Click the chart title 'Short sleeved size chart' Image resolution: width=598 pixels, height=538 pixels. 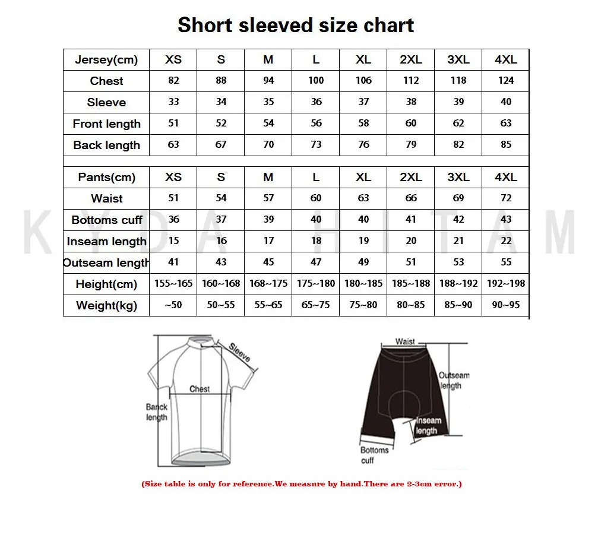(x=296, y=26)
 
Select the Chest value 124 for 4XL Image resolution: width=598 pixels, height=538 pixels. (x=506, y=81)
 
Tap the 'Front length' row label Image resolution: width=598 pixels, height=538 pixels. (x=107, y=124)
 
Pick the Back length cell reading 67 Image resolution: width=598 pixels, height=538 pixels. (x=221, y=145)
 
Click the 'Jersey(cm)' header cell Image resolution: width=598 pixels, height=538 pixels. (x=106, y=60)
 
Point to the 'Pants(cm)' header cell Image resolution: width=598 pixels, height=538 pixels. (x=107, y=178)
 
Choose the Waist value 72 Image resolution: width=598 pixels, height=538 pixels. (x=506, y=198)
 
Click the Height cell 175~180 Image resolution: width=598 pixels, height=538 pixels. (x=316, y=284)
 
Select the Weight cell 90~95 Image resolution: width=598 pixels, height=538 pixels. (x=506, y=305)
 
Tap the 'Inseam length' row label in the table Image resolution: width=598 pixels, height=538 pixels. (x=107, y=242)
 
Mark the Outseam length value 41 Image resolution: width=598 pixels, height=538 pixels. (x=173, y=262)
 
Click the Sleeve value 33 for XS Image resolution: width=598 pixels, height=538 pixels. (x=173, y=102)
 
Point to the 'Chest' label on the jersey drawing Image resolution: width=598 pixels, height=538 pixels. (x=200, y=389)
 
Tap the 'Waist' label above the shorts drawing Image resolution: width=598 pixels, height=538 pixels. (x=406, y=342)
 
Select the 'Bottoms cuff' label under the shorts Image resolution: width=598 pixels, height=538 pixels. (x=375, y=455)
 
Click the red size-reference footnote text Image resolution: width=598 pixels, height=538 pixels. (x=301, y=484)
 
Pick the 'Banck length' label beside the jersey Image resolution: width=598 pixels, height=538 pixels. (x=157, y=412)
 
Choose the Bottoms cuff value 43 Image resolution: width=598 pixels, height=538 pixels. (x=506, y=220)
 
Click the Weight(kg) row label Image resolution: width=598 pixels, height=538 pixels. (x=107, y=306)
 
